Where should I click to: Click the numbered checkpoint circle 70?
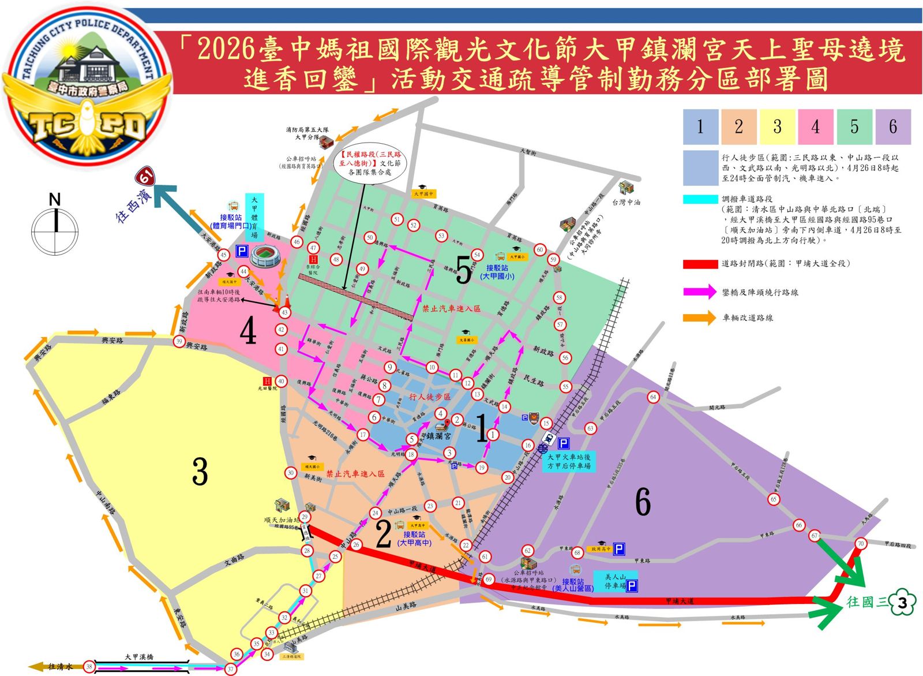(x=861, y=543)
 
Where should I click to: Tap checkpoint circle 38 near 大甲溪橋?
(x=89, y=667)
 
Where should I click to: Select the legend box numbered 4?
(x=815, y=126)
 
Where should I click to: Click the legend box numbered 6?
(x=892, y=126)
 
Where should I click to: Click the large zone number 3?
(x=200, y=471)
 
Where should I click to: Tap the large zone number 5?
(x=463, y=269)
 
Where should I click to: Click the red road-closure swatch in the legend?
(x=700, y=264)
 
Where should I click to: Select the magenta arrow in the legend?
(x=700, y=292)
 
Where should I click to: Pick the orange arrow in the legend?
(x=700, y=318)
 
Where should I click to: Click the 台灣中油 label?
(x=626, y=202)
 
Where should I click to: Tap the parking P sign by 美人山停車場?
(x=632, y=587)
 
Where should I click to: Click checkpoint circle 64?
(x=653, y=397)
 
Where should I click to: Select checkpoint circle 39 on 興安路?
(x=179, y=342)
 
